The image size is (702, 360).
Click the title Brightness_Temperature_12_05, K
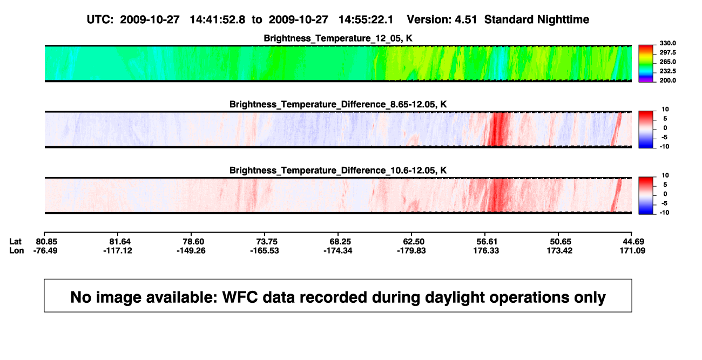tap(338, 38)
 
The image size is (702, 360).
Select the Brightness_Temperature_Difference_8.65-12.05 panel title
tap(338, 104)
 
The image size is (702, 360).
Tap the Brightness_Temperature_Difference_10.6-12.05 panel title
tap(338, 171)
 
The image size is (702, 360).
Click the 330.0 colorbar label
tap(667, 43)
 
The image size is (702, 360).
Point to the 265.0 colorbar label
tap(667, 62)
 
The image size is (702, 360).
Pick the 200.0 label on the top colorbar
tap(667, 80)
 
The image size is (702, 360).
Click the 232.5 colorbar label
tap(667, 71)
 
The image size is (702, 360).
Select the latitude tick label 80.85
tap(46, 242)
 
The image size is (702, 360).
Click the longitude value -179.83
tap(411, 250)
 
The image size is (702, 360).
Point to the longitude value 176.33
tap(486, 250)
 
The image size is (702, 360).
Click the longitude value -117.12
tap(118, 250)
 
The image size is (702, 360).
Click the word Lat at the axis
tap(15, 242)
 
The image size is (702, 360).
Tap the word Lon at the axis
tap(16, 250)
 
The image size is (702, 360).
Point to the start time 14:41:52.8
tap(218, 19)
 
